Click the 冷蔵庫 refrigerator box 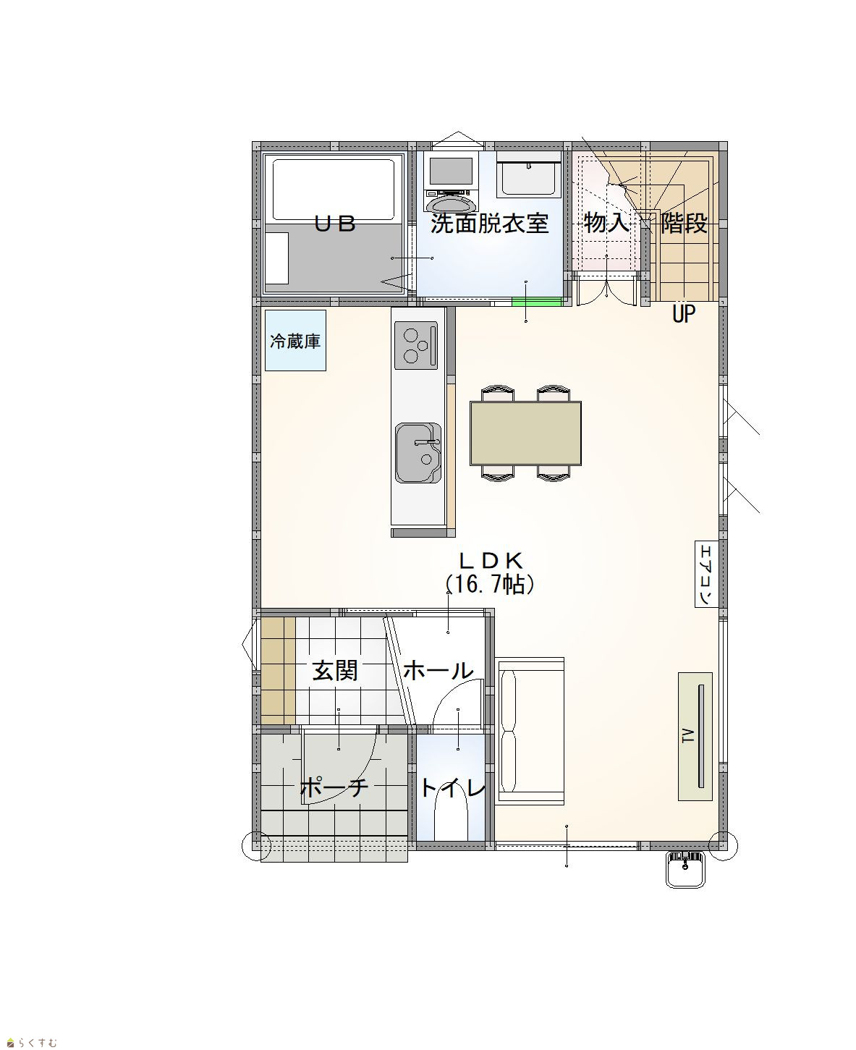(x=295, y=341)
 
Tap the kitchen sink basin (x=418, y=453)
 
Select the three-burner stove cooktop (x=416, y=345)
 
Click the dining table (x=525, y=433)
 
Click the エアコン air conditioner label (x=706, y=575)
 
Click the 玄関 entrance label (x=335, y=671)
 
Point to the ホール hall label (x=438, y=671)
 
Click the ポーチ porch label (x=334, y=787)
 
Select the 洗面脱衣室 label (x=489, y=224)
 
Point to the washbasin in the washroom (x=528, y=174)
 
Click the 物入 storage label (x=606, y=222)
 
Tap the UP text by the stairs (x=684, y=313)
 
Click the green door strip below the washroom (x=537, y=301)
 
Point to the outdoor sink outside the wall (x=686, y=869)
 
